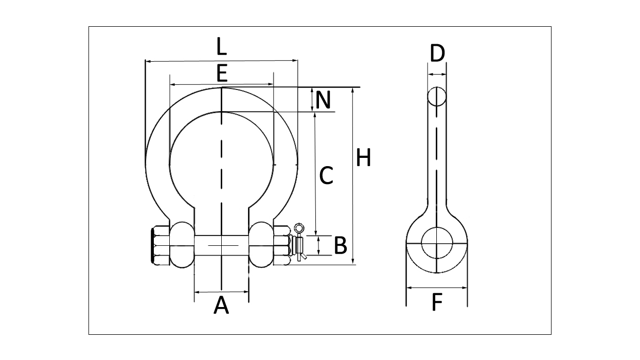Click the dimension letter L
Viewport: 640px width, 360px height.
(x=221, y=47)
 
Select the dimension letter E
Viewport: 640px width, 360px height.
(x=222, y=74)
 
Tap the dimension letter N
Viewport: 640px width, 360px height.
(x=324, y=100)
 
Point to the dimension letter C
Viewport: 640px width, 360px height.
(x=326, y=176)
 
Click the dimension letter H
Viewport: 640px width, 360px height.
(x=364, y=158)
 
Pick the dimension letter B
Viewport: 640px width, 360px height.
(x=340, y=246)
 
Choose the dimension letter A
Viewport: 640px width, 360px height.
(x=221, y=305)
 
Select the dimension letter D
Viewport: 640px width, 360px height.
(x=437, y=53)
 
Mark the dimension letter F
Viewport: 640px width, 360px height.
(x=437, y=303)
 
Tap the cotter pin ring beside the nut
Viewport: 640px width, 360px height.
(x=298, y=228)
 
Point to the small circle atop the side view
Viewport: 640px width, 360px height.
(x=437, y=96)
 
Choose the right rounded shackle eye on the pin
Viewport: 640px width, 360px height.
(x=261, y=245)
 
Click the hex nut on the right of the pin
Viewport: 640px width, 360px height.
(x=281, y=245)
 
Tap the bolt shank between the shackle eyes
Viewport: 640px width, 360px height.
(x=221, y=245)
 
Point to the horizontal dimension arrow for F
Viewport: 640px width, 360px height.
(x=437, y=288)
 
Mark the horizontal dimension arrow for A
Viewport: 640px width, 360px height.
(x=221, y=292)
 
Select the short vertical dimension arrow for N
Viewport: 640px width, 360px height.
(x=313, y=100)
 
